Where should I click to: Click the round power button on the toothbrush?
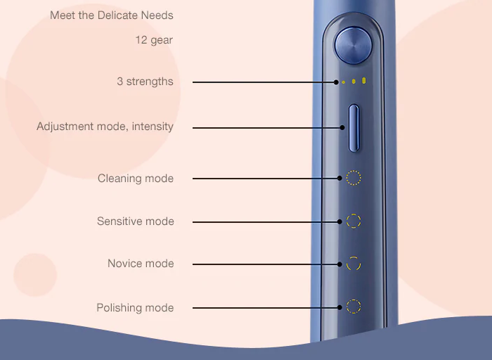pyautogui.click(x=354, y=46)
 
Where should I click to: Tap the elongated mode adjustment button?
pyautogui.click(x=354, y=129)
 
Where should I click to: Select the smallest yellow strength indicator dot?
pyautogui.click(x=344, y=82)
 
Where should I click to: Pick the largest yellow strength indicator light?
pyautogui.click(x=363, y=81)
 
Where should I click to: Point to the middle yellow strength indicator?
pyautogui.click(x=354, y=82)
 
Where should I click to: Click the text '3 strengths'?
pyautogui.click(x=145, y=82)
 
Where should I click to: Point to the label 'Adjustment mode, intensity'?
pyautogui.click(x=105, y=127)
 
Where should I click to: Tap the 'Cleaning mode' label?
pyautogui.click(x=136, y=179)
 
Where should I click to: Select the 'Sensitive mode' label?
pyautogui.click(x=135, y=221)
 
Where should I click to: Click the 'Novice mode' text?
pyautogui.click(x=141, y=264)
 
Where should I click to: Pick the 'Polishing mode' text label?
pyautogui.click(x=135, y=307)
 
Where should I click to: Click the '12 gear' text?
pyautogui.click(x=154, y=40)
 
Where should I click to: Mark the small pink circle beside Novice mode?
pyautogui.click(x=35, y=275)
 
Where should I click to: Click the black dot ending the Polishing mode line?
pyautogui.click(x=339, y=307)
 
